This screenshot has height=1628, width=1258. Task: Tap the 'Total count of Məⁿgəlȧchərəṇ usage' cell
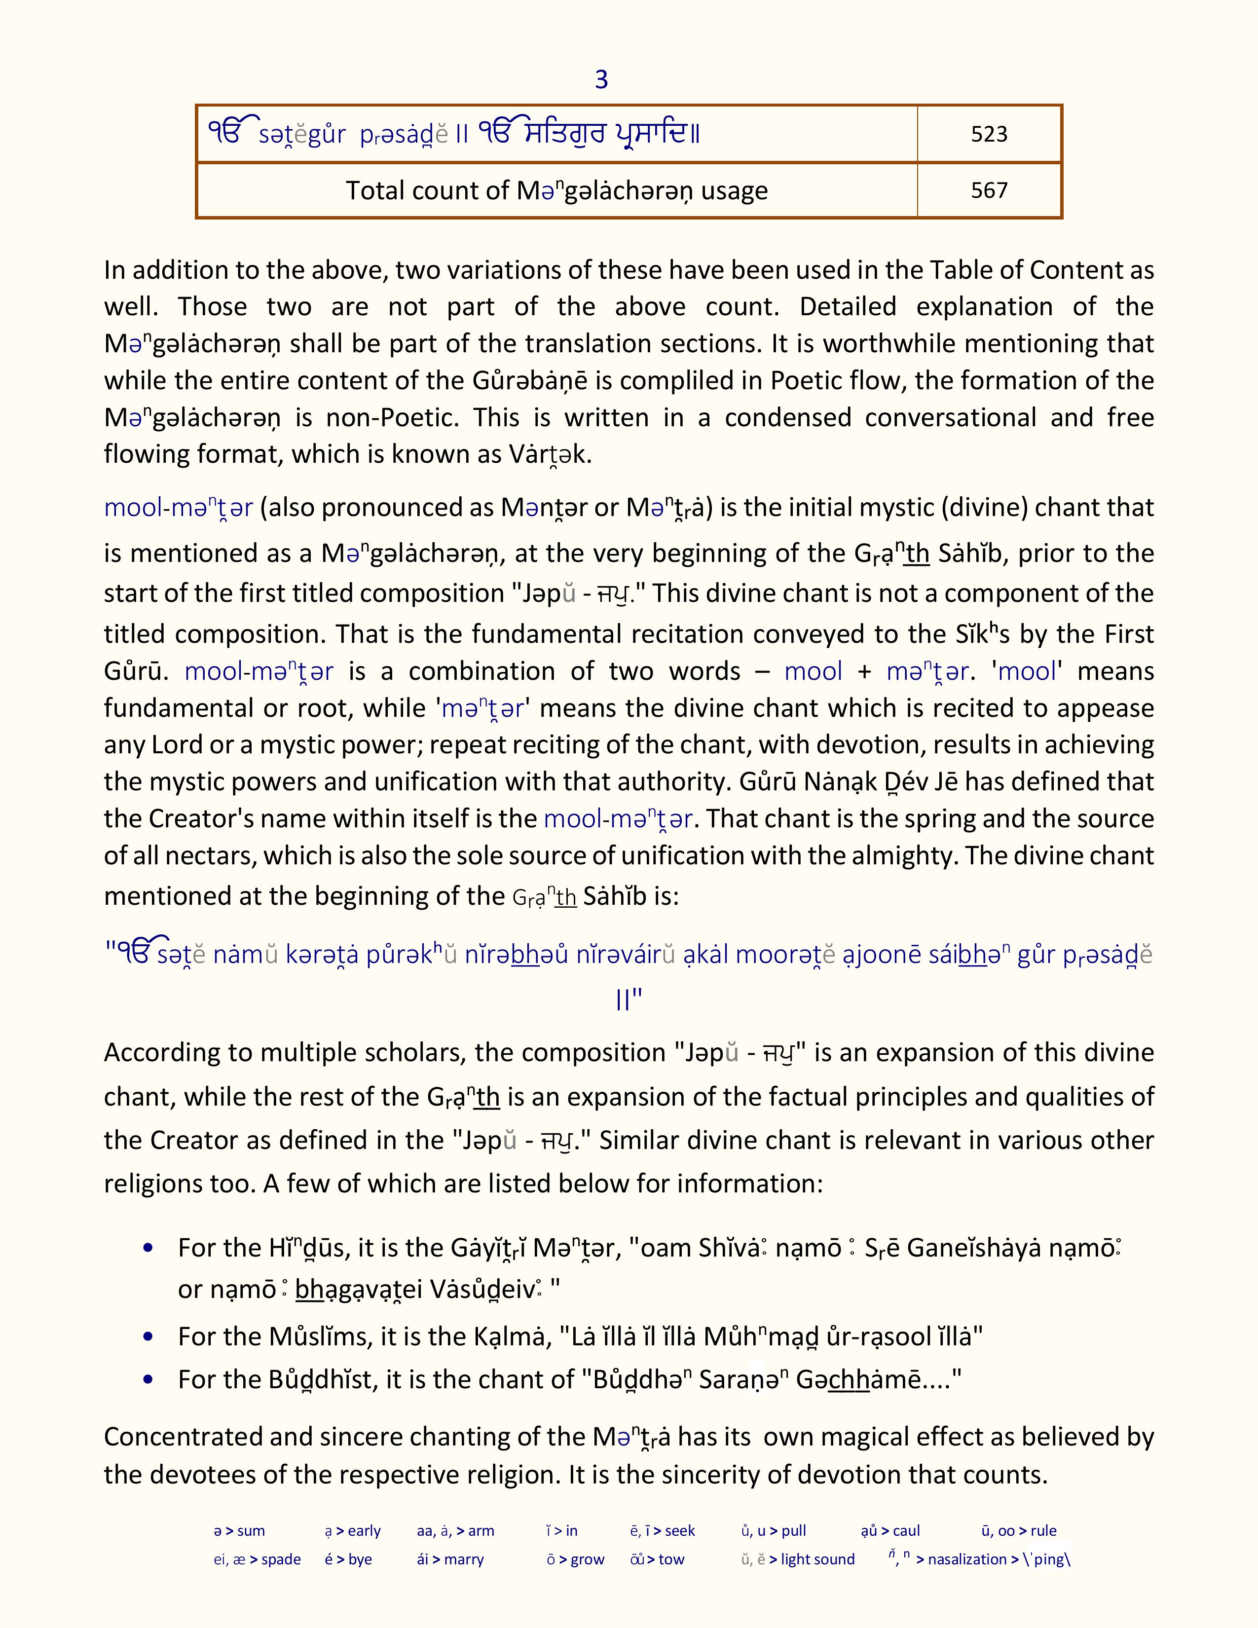pos(556,191)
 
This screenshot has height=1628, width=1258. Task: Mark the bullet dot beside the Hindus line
pos(148,1248)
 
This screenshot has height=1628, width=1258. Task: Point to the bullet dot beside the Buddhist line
pos(148,1380)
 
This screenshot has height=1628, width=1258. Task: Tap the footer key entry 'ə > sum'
pos(239,1531)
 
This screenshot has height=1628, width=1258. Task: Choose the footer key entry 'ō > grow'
pos(575,1559)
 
